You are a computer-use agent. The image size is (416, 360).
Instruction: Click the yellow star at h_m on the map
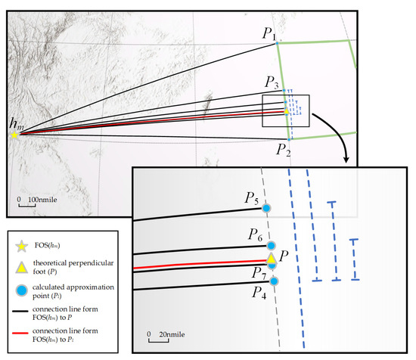(x=14, y=135)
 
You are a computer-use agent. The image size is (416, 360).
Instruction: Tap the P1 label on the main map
(x=269, y=34)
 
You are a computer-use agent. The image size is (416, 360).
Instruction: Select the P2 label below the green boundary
(x=283, y=150)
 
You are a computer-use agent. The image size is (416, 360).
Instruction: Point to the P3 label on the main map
(x=272, y=82)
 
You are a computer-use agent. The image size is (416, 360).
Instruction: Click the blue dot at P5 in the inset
(x=266, y=208)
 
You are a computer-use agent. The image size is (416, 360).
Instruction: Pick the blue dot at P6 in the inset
(x=271, y=246)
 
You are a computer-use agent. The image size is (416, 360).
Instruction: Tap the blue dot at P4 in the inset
(x=274, y=281)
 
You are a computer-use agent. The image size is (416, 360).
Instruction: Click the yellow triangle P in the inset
(x=271, y=258)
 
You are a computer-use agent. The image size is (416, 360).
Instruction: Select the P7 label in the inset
(x=259, y=273)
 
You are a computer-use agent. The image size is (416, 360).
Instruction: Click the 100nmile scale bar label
(x=42, y=200)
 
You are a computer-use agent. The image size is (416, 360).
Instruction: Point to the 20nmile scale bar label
(x=172, y=334)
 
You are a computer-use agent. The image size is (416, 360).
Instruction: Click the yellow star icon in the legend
(x=21, y=247)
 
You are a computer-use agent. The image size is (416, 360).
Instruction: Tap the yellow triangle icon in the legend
(x=21, y=268)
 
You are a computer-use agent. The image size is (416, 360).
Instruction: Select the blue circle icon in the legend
(x=21, y=290)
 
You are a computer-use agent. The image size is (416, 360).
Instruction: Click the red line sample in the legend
(x=20, y=333)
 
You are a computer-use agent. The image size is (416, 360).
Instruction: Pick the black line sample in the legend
(x=20, y=311)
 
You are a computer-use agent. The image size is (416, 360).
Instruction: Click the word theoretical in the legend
(x=50, y=263)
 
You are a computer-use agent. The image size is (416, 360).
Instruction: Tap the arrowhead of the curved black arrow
(x=346, y=159)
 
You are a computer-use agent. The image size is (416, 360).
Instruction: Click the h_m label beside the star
(x=17, y=124)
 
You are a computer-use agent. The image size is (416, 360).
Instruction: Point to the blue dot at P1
(x=277, y=43)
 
